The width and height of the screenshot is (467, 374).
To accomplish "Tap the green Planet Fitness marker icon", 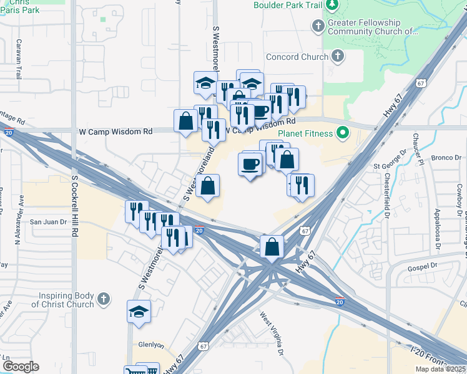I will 342,133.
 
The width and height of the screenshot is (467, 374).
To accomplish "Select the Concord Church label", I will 297,57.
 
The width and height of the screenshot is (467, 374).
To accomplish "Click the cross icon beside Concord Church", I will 338,57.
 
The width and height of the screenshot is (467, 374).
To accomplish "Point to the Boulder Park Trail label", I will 288,5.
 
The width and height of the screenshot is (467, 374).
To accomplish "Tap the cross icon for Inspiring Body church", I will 104,300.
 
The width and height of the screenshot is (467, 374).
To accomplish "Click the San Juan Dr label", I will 48,221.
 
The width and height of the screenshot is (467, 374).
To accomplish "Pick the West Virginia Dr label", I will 272,334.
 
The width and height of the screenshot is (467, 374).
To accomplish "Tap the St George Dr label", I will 390,166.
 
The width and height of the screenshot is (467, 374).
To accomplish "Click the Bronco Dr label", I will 444,158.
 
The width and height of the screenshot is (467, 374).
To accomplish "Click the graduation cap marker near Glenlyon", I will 139,313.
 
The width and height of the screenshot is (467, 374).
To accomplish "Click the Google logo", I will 21,367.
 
